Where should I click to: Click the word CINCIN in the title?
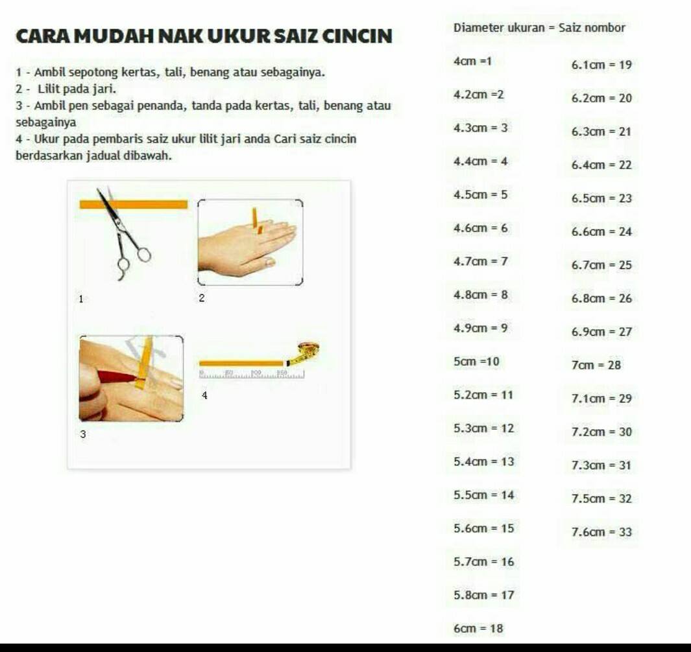click(x=357, y=36)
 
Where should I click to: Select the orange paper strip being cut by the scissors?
click(x=134, y=204)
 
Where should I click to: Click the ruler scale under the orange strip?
click(x=252, y=374)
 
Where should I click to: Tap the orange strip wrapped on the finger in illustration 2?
click(x=257, y=220)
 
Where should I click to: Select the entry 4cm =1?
click(x=472, y=61)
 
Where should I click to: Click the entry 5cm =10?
click(x=476, y=362)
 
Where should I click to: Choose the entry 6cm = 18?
click(x=478, y=628)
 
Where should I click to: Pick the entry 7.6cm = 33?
click(x=601, y=532)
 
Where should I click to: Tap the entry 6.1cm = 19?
click(x=601, y=65)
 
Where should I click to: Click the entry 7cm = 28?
click(x=596, y=365)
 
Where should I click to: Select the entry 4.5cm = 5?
click(x=480, y=194)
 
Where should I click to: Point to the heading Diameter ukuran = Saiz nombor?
click(x=539, y=28)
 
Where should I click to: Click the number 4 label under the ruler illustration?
click(x=204, y=395)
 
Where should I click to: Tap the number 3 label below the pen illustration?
click(x=83, y=434)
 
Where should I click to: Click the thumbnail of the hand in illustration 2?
click(x=250, y=242)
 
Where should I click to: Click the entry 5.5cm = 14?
click(x=484, y=495)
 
